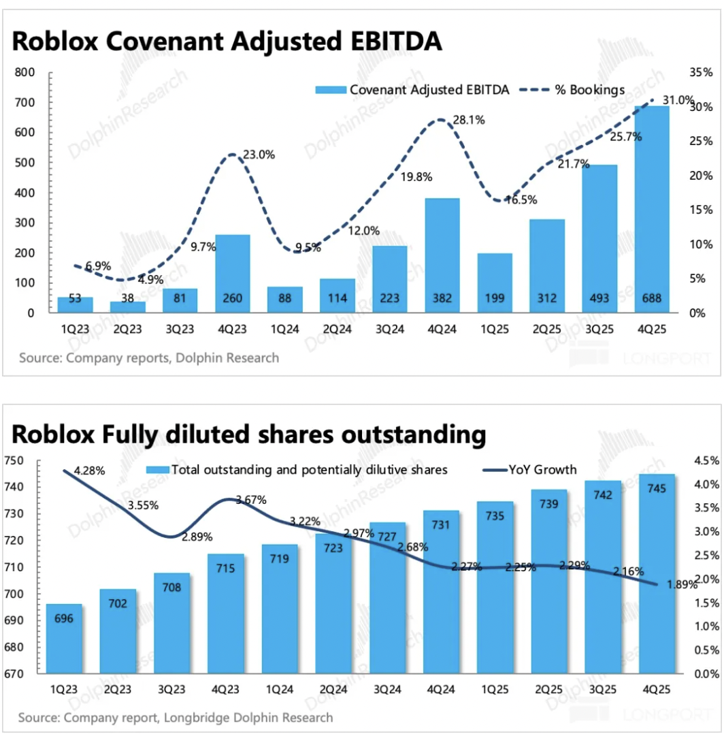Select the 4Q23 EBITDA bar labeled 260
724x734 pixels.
click(x=232, y=272)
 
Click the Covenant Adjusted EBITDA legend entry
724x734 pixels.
click(x=412, y=90)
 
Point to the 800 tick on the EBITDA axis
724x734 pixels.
click(x=25, y=72)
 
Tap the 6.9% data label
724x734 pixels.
click(x=98, y=266)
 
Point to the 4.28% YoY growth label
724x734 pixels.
click(x=88, y=471)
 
